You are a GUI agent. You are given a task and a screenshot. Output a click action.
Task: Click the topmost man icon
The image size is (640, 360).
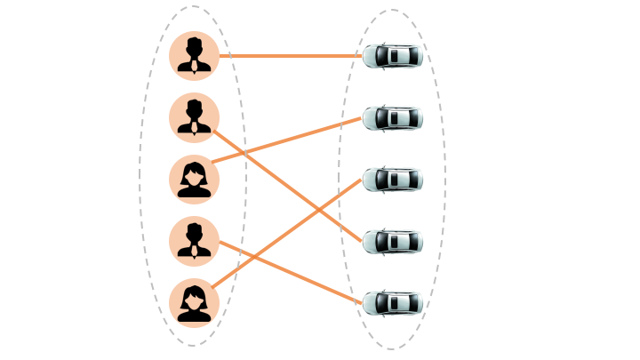pos(194,56)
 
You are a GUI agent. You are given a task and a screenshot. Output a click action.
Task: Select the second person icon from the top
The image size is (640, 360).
pos(194,117)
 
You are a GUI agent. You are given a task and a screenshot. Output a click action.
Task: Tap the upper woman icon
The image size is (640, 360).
pos(194,179)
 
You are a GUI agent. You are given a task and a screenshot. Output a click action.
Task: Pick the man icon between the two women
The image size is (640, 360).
pos(194,240)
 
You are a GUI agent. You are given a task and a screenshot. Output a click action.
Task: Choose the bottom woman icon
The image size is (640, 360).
pos(194,302)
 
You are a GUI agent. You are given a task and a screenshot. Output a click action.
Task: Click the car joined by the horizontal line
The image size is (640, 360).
pos(392,56)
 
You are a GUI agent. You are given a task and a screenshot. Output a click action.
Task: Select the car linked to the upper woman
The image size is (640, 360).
pos(392,117)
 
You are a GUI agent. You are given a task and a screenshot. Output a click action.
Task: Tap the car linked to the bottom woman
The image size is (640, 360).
pos(392,180)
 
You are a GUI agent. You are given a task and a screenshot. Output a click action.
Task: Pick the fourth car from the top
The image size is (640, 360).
pos(392,241)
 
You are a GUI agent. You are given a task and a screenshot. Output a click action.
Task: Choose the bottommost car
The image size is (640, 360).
pos(392,303)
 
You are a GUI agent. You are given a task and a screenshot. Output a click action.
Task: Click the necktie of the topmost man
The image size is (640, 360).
pos(194,65)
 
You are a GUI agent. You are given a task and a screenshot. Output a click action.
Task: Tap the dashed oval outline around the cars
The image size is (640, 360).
pos(340,178)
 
